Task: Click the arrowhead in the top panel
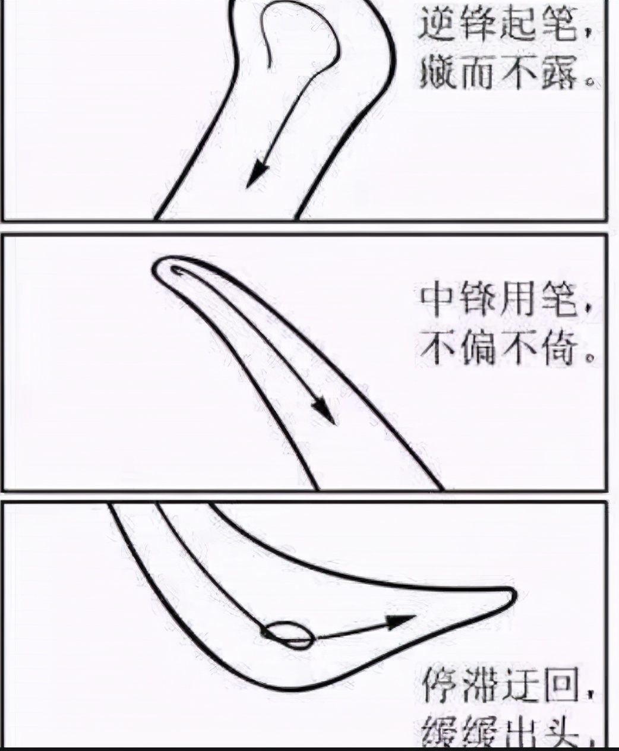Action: pyautogui.click(x=258, y=173)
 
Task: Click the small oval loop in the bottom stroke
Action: pyautogui.click(x=289, y=634)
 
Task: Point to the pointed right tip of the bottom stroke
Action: pyautogui.click(x=512, y=594)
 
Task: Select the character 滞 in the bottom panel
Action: pyautogui.click(x=481, y=686)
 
